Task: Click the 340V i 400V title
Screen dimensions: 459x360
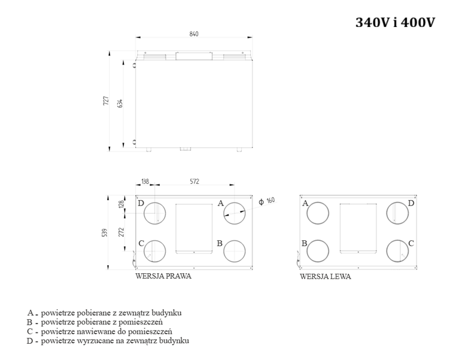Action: (395, 22)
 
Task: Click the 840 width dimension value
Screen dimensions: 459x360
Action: (194, 34)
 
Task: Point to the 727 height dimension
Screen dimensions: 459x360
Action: (106, 101)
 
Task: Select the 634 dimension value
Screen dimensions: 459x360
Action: (120, 104)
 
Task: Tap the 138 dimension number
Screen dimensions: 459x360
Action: (145, 181)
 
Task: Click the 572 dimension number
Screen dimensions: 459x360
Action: (194, 181)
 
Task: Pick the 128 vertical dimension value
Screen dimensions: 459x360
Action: (121, 204)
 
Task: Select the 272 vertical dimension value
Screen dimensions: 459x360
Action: (121, 232)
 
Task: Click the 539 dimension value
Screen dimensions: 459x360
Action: (105, 232)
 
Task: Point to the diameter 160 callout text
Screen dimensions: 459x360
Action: (267, 201)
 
